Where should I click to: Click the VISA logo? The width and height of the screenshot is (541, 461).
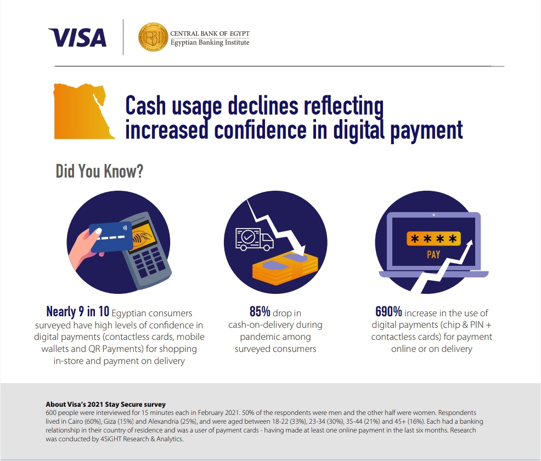pos(77,38)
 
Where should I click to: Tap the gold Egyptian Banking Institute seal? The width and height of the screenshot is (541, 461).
pos(153,37)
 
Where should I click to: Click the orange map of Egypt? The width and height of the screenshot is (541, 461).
pos(83,111)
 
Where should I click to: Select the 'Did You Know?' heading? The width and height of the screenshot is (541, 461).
pos(99,171)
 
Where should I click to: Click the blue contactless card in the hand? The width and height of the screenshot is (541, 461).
pos(111,237)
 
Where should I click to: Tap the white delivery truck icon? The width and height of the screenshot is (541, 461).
pos(254,239)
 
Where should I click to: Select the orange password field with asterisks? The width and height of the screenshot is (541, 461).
pos(433,238)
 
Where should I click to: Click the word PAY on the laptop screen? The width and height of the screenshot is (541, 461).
pos(433,254)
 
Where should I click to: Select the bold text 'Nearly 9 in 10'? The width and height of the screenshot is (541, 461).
pos(77,311)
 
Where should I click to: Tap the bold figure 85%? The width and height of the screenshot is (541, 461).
pos(260,311)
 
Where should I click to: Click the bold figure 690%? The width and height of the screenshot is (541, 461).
pos(388,311)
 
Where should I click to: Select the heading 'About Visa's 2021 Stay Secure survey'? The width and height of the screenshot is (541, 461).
pos(105,404)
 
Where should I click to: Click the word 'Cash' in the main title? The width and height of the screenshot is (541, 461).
pos(145,105)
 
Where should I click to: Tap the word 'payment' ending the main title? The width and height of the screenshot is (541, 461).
pos(426,130)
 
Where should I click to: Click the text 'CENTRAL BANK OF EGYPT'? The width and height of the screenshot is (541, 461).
pos(210,33)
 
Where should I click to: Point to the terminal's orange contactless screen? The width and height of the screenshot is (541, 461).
pos(143,236)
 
